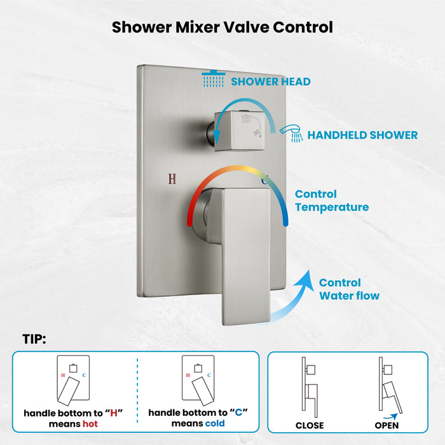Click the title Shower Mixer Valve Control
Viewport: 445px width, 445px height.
coord(222,27)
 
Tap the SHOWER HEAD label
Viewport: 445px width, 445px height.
coord(271,81)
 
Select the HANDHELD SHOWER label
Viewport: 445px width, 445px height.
coord(362,135)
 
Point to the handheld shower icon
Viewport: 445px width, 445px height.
coord(292,131)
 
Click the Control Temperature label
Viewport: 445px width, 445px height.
coord(331,200)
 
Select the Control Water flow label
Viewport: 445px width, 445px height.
coord(349,289)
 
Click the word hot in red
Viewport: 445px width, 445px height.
coord(90,423)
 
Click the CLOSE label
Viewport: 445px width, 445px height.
coord(310,425)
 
